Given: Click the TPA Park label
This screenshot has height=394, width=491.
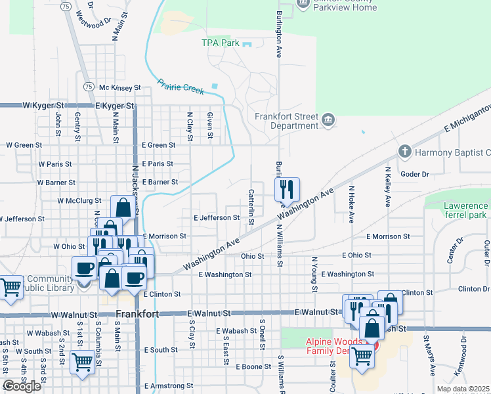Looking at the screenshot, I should (x=220, y=43).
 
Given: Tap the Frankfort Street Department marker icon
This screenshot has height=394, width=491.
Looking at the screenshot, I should (x=329, y=120).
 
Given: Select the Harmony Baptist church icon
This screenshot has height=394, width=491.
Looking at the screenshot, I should (x=404, y=152).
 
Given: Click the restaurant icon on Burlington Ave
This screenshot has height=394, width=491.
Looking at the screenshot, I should (x=287, y=190).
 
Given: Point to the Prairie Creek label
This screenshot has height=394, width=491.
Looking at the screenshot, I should (x=181, y=88).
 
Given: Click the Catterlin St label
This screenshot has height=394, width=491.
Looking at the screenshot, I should (x=251, y=206).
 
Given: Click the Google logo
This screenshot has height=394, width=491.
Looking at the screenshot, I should (x=22, y=386).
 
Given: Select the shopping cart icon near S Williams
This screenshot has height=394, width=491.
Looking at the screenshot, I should (x=362, y=357).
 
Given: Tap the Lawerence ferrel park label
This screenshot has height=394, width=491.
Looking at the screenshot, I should (x=456, y=210).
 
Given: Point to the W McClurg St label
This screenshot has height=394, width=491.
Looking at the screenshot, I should (x=79, y=201).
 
